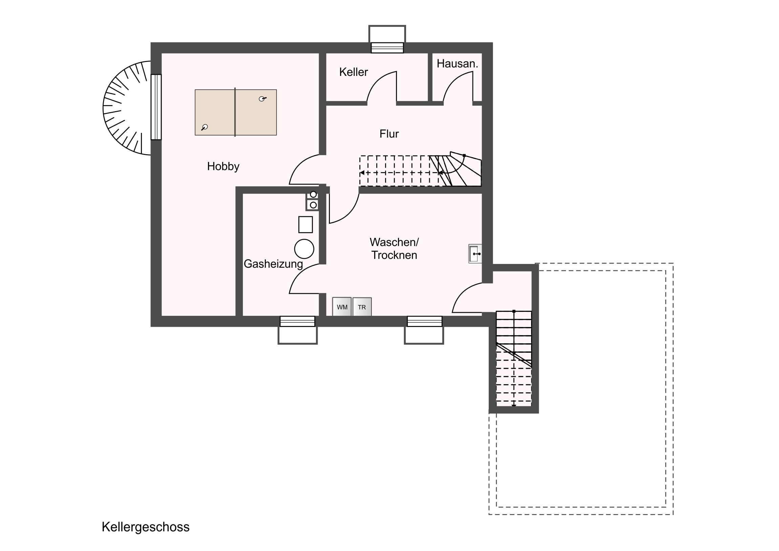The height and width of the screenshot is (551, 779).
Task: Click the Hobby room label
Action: [223, 166]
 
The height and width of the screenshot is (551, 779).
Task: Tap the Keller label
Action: [354, 72]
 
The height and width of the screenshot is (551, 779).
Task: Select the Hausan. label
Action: [457, 63]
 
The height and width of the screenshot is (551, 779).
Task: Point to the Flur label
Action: [389, 134]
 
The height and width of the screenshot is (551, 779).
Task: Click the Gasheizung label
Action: [273, 264]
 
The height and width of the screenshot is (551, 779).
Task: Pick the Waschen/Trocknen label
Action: [394, 248]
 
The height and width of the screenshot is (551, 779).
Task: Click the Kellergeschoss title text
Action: [146, 527]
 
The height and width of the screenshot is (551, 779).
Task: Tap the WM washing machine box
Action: [342, 307]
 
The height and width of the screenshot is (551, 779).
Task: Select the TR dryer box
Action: [362, 307]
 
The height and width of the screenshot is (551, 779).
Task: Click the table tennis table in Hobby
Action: [235, 113]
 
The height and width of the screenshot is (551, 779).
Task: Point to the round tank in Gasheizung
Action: [304, 249]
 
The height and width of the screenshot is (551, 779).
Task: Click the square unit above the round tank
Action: [306, 224]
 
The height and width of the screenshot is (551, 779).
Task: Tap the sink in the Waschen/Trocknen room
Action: [475, 253]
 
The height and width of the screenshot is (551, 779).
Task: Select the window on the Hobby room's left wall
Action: [156, 107]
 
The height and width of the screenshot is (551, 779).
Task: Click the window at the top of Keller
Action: [387, 47]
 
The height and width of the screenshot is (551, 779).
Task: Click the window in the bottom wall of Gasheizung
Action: [298, 321]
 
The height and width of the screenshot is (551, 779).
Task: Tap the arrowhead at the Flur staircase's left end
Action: [362, 173]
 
